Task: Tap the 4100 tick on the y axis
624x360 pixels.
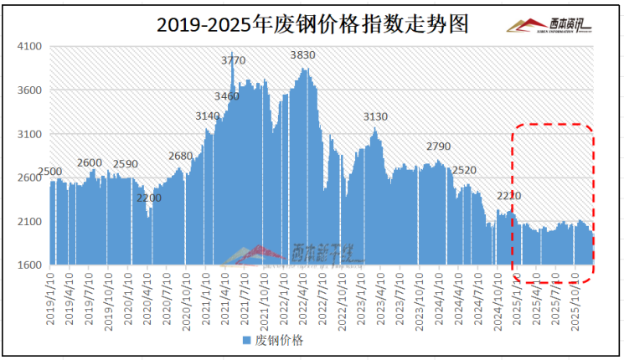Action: coord(30,47)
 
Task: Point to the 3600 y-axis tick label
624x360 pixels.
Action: coord(30,90)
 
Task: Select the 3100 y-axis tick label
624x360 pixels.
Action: coord(30,134)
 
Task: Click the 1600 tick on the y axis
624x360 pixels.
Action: coord(30,265)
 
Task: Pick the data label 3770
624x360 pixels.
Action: coord(234,60)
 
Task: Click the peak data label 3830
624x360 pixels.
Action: coord(302,54)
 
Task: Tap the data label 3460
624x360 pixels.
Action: coord(227,96)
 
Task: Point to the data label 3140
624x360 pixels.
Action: coord(208,116)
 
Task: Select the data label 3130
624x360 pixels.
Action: coord(375,116)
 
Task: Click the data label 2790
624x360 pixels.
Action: coord(438,147)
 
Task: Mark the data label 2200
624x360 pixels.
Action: coord(149,198)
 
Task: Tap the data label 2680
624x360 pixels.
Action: coord(180,156)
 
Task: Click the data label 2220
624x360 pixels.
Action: coord(509,196)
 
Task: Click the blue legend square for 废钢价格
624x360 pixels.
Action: coord(245,341)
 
